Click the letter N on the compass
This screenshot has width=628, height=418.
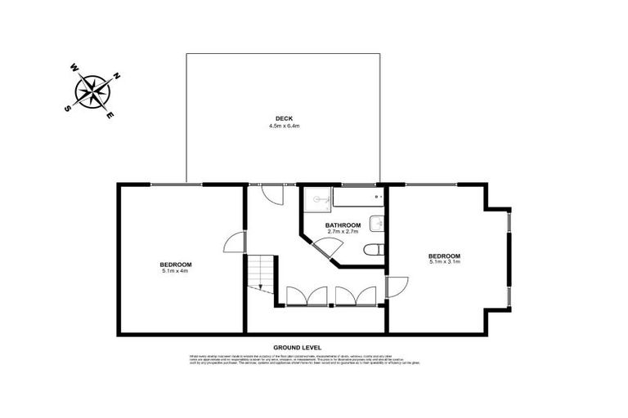point(116,76)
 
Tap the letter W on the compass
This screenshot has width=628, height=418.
point(74,68)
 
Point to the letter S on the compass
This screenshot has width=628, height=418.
point(68,107)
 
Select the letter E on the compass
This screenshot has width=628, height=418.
point(111,115)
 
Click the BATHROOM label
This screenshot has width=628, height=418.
point(343,225)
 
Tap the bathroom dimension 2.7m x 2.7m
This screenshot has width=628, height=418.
point(343,232)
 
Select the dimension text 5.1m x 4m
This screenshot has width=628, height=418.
point(175,271)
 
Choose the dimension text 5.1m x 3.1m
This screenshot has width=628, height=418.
point(444,261)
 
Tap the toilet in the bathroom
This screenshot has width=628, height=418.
point(374,251)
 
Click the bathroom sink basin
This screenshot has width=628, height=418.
point(376,223)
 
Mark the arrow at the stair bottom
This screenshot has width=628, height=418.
point(261,287)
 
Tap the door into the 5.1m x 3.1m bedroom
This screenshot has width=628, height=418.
point(396,287)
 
